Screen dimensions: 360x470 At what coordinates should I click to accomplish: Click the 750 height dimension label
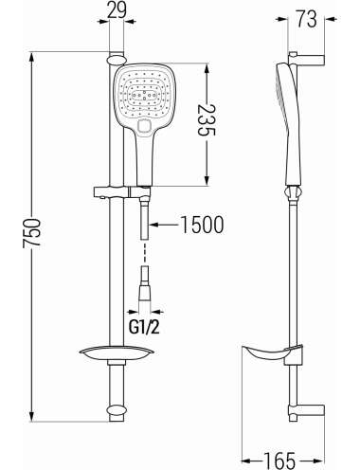point(31,232)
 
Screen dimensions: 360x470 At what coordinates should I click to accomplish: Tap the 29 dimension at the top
point(117,10)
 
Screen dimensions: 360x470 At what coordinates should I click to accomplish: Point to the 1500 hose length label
point(202,225)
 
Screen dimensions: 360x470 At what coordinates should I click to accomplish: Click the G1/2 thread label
point(144,328)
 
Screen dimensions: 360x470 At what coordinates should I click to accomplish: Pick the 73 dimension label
point(306,19)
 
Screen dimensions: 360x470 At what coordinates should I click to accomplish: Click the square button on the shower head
point(145,126)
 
